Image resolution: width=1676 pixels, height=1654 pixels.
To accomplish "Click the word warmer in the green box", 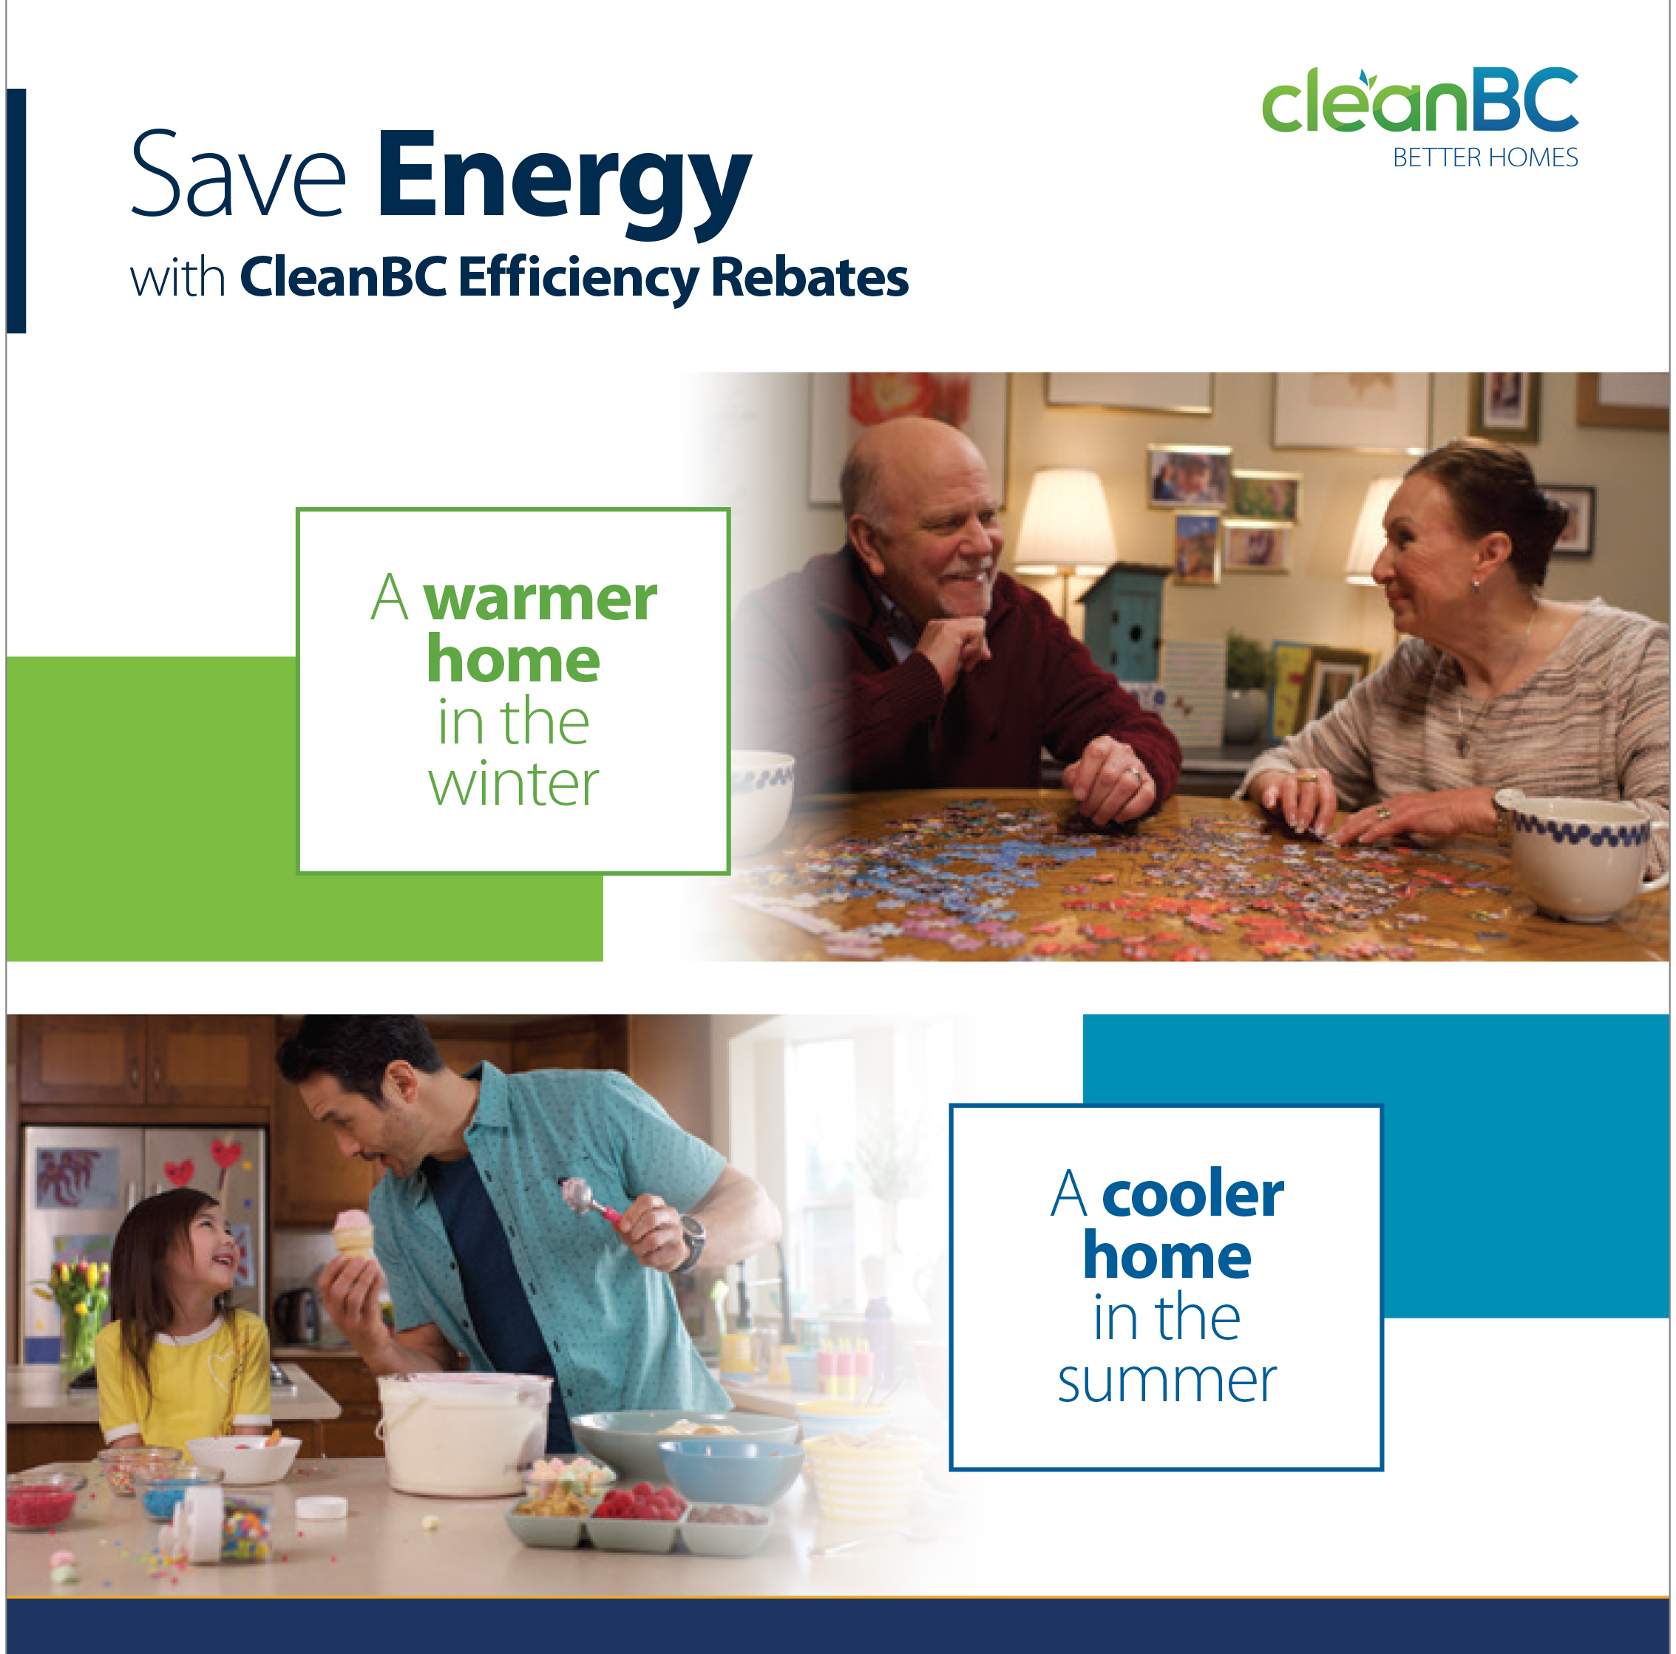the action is pyautogui.click(x=540, y=599).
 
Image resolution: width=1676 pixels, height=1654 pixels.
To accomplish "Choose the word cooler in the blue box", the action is pyautogui.click(x=1192, y=1195).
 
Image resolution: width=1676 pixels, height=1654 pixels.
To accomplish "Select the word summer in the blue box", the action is pyautogui.click(x=1167, y=1381).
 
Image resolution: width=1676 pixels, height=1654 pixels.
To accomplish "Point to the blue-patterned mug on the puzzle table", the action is pyautogui.click(x=1583, y=854).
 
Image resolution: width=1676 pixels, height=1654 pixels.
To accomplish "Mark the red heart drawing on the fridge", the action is pyautogui.click(x=225, y=1154).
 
